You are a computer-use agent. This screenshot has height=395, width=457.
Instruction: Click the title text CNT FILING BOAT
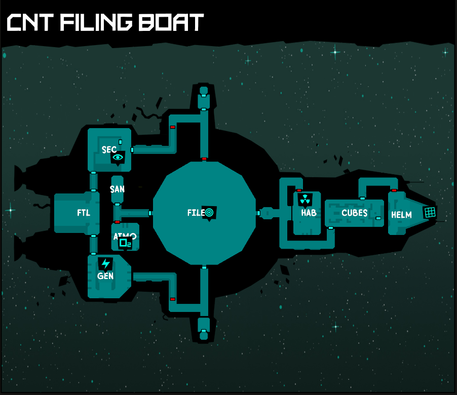coord(105,22)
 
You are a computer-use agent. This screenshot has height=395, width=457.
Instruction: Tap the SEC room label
coord(109,149)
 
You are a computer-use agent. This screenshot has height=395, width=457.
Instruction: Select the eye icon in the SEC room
coord(118,158)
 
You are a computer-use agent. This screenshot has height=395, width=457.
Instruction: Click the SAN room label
coord(117,189)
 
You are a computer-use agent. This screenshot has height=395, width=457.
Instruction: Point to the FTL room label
coord(84,213)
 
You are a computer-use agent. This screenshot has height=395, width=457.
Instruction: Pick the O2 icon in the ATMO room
coord(125,243)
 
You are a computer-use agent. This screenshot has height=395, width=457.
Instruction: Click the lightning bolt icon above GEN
coord(105,264)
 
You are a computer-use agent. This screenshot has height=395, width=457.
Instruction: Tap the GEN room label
coord(105,276)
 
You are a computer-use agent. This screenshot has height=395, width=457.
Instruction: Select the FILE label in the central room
coord(196,213)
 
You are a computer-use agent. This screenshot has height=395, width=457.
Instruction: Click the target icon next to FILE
coord(210,213)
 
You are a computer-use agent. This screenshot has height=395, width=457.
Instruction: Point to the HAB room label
coord(309,213)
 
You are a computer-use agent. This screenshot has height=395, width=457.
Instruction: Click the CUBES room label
coord(355,213)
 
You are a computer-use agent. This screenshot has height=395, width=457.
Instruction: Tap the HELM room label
coord(401,215)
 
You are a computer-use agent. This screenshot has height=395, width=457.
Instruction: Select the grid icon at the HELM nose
coord(430,212)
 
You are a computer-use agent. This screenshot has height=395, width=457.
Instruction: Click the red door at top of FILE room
coord(204,159)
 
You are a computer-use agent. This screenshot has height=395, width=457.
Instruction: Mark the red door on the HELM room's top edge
coord(394,190)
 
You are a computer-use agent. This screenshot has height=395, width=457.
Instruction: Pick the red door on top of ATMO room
coord(117,222)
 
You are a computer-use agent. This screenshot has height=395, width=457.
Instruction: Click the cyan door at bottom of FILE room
coord(204,267)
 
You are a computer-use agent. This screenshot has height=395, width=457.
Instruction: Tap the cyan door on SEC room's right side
coord(132,150)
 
